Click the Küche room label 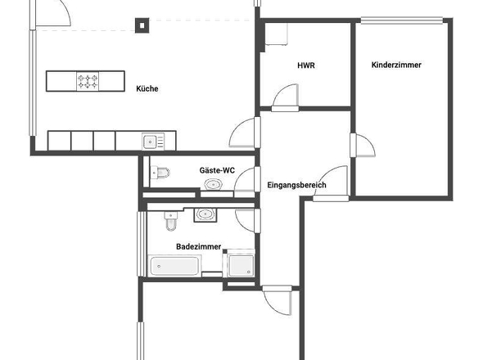tap(147, 89)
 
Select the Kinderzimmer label tap(396, 65)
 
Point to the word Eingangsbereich tap(297, 186)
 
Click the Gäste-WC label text tap(217, 170)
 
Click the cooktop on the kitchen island tap(88, 81)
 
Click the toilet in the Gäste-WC tap(160, 173)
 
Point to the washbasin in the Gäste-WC tap(214, 184)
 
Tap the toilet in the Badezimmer tap(171, 222)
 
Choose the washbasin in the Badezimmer tap(204, 215)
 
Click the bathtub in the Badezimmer tap(175, 265)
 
